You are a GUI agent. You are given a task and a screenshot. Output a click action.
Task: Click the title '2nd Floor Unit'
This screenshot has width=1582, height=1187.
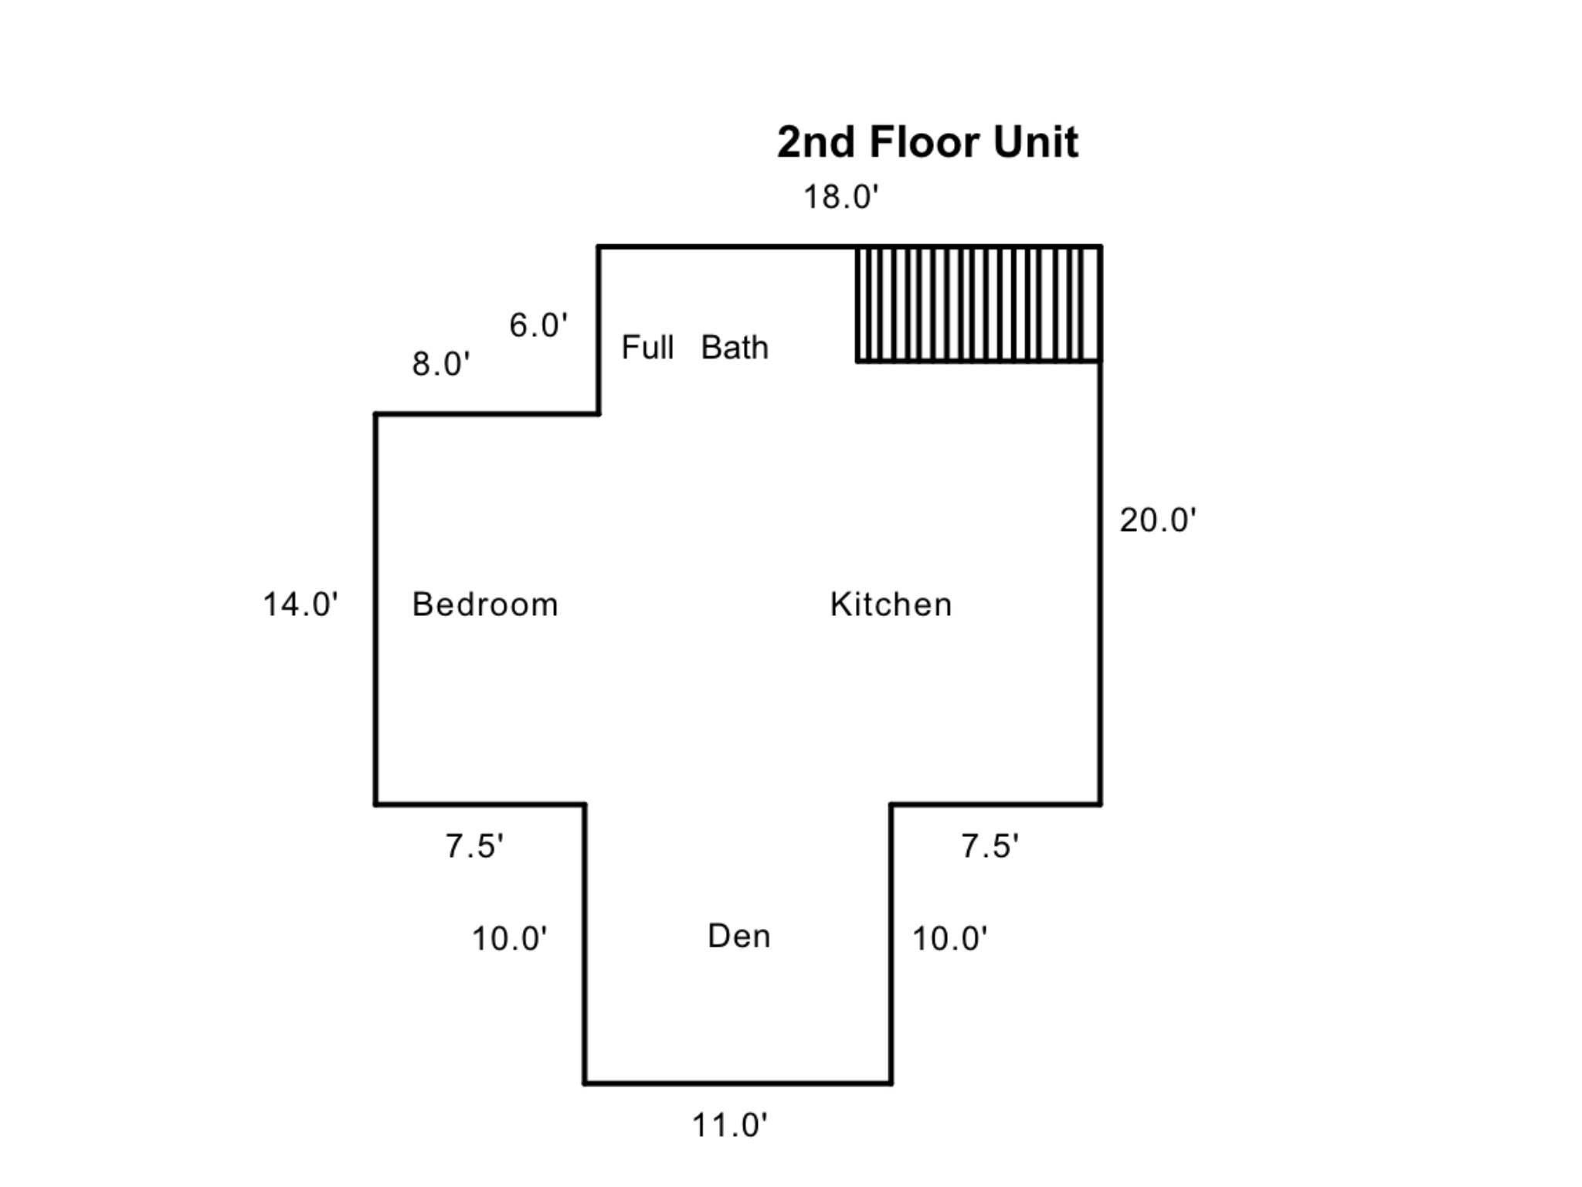tap(927, 141)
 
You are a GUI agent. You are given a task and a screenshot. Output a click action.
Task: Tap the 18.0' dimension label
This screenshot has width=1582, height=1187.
tap(841, 197)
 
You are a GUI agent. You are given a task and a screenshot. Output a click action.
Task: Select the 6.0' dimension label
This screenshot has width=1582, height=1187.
tap(538, 325)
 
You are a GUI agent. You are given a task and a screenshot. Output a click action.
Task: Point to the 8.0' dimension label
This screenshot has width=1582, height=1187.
tap(441, 364)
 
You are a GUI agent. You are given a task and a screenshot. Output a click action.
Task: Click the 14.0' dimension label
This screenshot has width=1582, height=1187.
tap(300, 604)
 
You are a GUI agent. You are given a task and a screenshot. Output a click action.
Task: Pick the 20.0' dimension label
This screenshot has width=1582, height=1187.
tap(1158, 520)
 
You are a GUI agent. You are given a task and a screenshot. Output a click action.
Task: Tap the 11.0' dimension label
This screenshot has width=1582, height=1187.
tap(730, 1125)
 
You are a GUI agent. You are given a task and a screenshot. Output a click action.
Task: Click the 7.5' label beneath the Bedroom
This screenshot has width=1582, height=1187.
tap(474, 846)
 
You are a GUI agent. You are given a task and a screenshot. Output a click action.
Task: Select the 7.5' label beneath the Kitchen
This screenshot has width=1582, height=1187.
tap(990, 846)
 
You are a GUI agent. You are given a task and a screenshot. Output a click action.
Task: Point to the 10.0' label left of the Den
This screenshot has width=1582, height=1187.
tap(510, 939)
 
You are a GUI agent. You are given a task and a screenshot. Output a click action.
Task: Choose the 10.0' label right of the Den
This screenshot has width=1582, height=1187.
tap(950, 939)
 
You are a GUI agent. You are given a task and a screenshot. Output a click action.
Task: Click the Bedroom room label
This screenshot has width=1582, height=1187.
tap(485, 604)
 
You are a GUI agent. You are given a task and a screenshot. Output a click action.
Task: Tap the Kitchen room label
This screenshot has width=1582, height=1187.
tap(891, 604)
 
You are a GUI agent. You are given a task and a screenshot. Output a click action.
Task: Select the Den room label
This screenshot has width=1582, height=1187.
tap(739, 936)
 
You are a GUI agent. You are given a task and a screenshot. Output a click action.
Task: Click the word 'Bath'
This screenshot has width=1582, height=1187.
tap(735, 348)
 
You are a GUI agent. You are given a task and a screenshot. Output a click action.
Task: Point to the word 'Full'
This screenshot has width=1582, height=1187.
tap(647, 348)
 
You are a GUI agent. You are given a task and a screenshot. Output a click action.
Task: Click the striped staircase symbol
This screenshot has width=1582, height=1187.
tap(979, 304)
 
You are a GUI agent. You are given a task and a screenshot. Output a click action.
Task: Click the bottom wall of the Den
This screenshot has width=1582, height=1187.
tap(738, 1083)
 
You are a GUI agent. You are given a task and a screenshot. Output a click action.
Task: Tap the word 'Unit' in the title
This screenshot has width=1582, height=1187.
tap(1036, 141)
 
